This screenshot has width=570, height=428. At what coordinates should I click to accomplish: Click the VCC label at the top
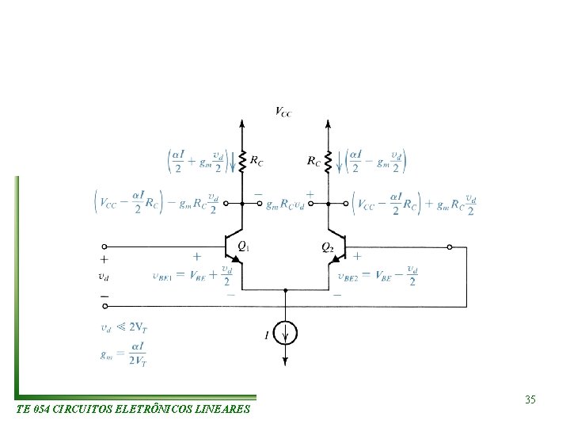click(283, 112)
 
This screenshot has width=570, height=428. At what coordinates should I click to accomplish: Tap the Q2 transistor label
click(327, 246)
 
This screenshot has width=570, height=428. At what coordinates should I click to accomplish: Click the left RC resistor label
click(256, 161)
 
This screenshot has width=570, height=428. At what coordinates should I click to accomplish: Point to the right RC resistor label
click(313, 161)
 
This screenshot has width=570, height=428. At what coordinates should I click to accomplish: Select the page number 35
click(530, 400)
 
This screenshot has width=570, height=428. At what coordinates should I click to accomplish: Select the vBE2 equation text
click(378, 277)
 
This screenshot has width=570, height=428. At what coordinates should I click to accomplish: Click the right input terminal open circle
click(450, 246)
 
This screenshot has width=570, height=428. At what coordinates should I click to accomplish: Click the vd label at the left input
click(104, 277)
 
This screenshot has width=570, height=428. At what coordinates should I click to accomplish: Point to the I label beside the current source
click(267, 337)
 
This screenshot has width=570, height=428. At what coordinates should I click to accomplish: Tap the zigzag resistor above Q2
click(328, 161)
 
